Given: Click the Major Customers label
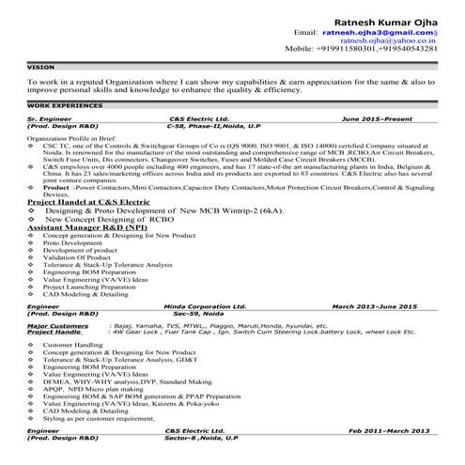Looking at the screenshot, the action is pos(57,324).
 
